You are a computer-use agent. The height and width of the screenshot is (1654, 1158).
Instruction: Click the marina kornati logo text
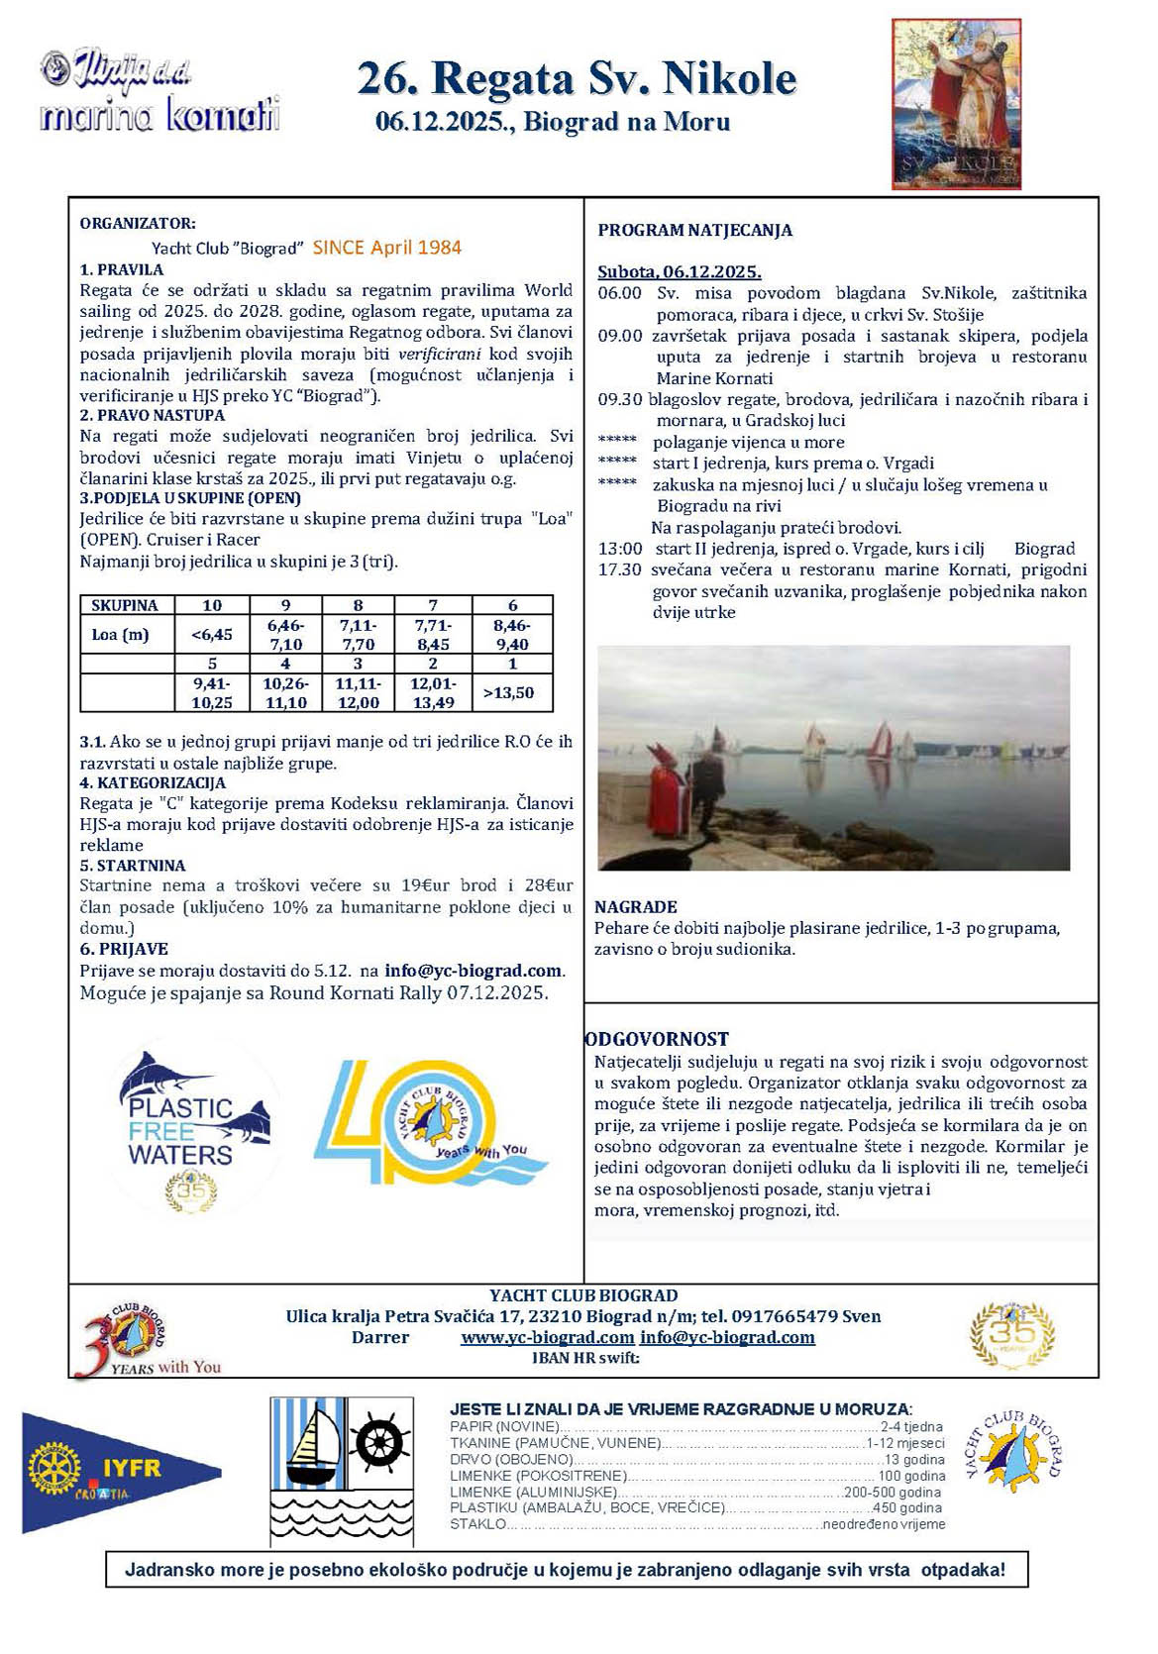(x=159, y=116)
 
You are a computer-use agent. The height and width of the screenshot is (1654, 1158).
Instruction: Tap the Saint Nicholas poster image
(x=956, y=103)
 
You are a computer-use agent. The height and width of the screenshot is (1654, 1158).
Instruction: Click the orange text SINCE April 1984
(x=387, y=248)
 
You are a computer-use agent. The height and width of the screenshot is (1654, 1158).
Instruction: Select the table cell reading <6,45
(x=212, y=634)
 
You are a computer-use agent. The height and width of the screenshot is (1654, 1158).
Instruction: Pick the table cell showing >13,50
(x=512, y=692)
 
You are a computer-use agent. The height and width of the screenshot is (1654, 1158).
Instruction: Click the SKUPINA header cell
(x=125, y=605)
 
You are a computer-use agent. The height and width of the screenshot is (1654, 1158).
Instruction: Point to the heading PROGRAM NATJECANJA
(x=694, y=230)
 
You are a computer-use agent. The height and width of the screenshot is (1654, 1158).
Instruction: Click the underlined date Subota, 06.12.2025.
(x=679, y=271)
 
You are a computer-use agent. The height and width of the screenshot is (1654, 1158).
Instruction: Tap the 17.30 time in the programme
(x=619, y=569)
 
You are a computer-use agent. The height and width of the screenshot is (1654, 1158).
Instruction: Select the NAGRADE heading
(x=635, y=906)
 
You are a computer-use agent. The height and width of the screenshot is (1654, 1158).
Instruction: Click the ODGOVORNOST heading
(x=657, y=1039)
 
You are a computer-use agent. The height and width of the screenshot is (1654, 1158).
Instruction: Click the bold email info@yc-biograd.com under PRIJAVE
(x=473, y=971)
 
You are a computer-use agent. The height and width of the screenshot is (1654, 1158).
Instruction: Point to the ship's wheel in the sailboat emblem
(x=381, y=1442)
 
